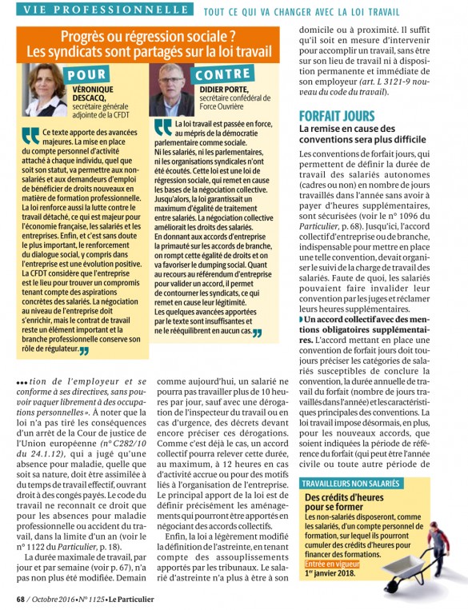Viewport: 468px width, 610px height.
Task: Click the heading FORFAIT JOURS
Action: click(x=336, y=116)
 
